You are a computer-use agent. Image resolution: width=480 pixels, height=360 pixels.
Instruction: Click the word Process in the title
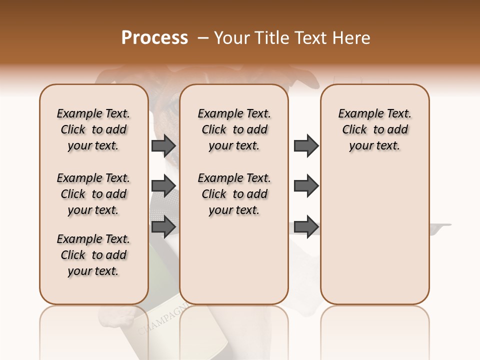point(154,38)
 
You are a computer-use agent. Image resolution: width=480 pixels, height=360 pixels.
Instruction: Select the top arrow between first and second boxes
point(163,145)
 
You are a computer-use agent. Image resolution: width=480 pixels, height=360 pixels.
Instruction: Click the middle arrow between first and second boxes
point(163,186)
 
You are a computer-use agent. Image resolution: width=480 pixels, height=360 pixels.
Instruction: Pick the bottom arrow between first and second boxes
point(163,226)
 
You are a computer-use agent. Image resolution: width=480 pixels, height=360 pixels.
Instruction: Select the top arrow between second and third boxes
point(306,145)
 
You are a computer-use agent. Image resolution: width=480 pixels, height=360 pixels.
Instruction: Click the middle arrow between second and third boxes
point(306,186)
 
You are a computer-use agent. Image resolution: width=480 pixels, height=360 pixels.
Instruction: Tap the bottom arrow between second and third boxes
point(306,226)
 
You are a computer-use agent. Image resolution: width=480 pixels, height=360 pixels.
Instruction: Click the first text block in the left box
point(93,129)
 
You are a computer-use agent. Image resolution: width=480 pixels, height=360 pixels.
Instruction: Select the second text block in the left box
point(93,194)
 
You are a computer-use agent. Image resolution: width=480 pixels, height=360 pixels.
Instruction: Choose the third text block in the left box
point(93,255)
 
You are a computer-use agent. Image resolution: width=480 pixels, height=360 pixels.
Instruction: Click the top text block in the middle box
point(234,129)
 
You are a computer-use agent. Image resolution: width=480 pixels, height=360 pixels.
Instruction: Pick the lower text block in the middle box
point(234,194)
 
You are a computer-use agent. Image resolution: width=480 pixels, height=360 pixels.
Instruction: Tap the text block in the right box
point(374,129)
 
